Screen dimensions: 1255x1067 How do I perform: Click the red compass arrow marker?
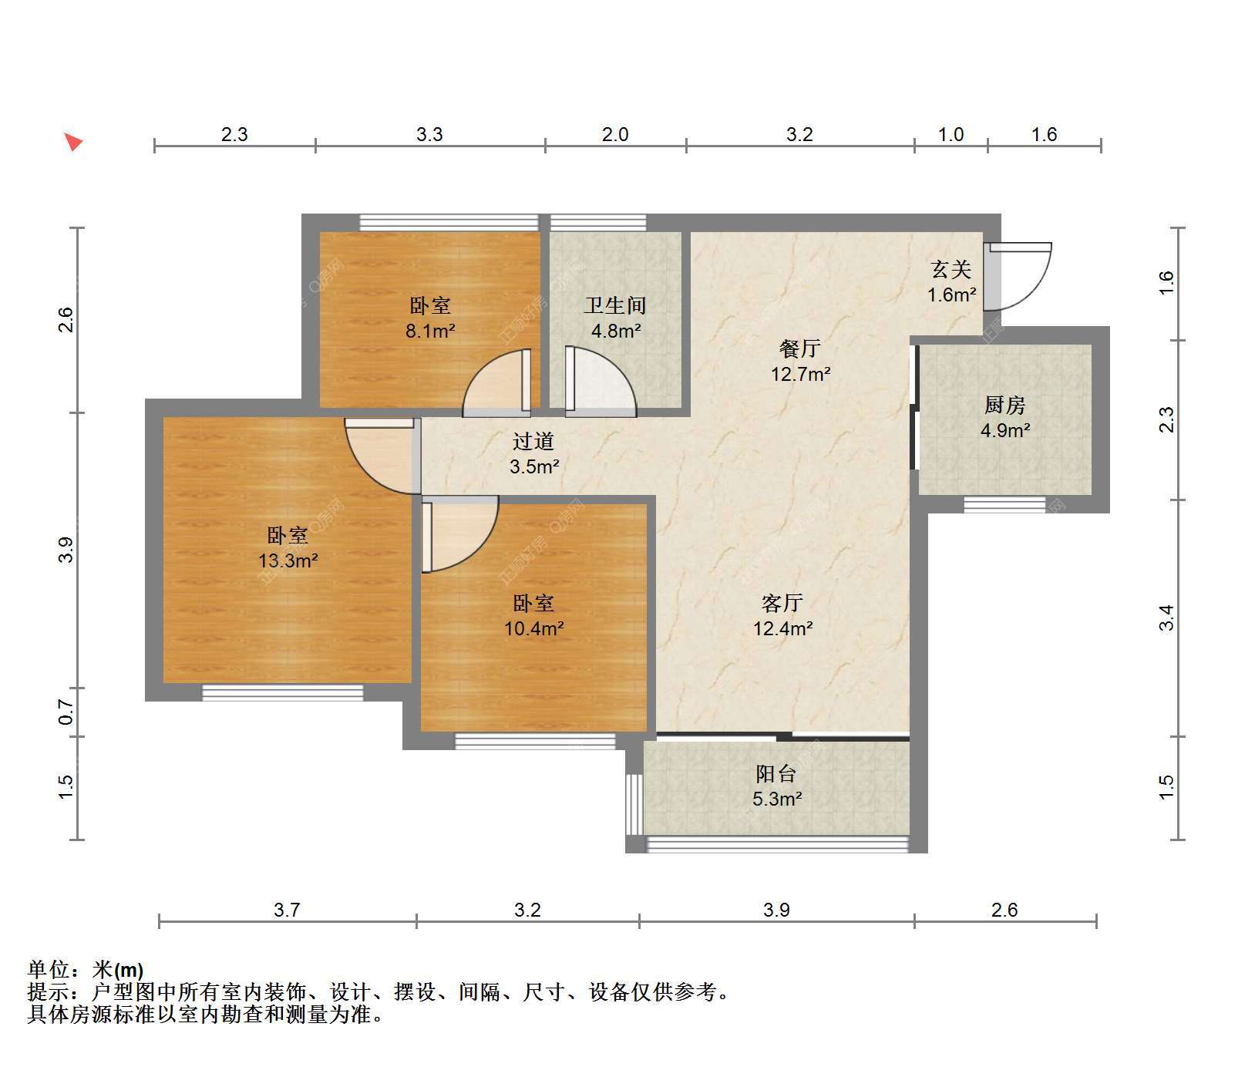[73, 142]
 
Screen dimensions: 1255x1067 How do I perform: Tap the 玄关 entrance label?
[951, 269]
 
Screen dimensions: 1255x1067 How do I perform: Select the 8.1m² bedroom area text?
[430, 332]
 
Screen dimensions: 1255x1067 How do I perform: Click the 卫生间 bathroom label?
[614, 305]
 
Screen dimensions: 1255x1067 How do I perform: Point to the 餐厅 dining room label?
[799, 348]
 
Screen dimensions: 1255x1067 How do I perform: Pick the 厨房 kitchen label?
[1004, 405]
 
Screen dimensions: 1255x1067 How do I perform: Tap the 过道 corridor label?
[533, 441]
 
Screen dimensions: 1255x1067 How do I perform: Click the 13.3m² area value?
[288, 560]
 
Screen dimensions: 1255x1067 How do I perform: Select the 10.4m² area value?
[533, 628]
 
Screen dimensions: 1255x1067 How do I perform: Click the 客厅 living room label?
[782, 603]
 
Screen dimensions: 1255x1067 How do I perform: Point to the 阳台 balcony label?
[776, 773]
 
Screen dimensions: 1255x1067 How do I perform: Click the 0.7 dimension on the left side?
[66, 712]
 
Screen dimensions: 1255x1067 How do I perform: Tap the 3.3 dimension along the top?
[429, 134]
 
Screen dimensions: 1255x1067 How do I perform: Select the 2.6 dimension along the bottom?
[1004, 910]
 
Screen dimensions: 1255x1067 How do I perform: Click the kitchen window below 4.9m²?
[1005, 505]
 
